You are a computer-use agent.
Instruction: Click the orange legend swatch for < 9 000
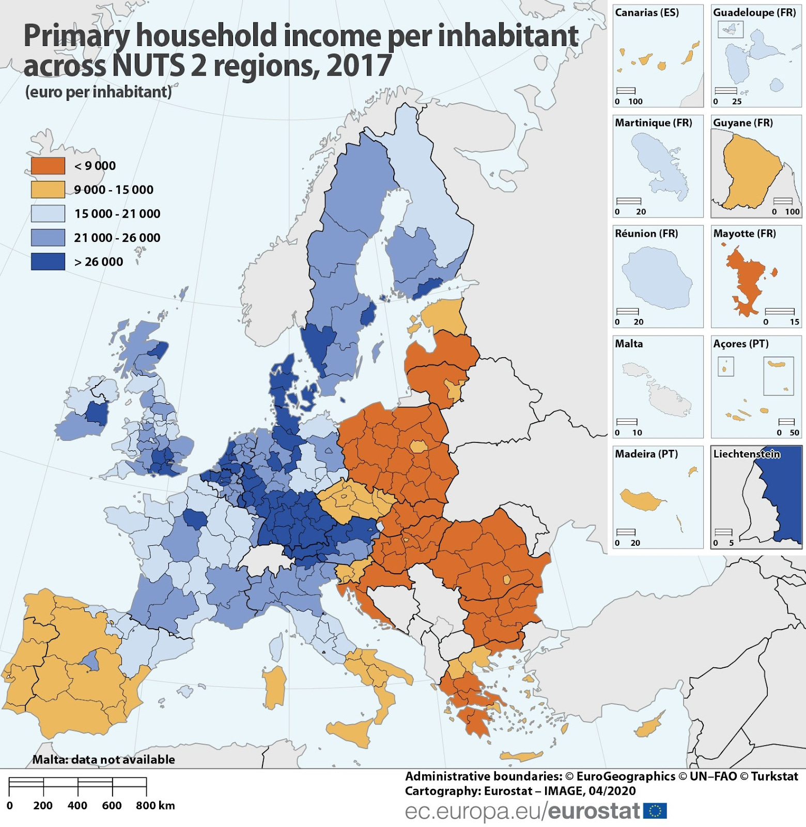pyautogui.click(x=48, y=166)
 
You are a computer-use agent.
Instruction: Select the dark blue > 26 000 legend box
pyautogui.click(x=48, y=262)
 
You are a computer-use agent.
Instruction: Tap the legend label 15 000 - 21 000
pyautogui.click(x=117, y=213)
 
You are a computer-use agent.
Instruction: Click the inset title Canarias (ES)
pyautogui.click(x=646, y=12)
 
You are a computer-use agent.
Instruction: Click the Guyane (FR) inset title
pyautogui.click(x=742, y=123)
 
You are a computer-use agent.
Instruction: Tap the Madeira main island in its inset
pyautogui.click(x=641, y=499)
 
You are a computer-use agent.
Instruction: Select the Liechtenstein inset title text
pyautogui.click(x=746, y=454)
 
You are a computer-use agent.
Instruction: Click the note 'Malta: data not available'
pyautogui.click(x=103, y=759)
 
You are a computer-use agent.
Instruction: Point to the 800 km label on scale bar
pyautogui.click(x=155, y=805)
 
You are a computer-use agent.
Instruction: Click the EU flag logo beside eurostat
pyautogui.click(x=655, y=810)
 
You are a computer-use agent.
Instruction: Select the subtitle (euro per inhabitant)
pyautogui.click(x=98, y=92)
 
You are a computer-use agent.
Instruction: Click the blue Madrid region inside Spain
pyautogui.click(x=91, y=660)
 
